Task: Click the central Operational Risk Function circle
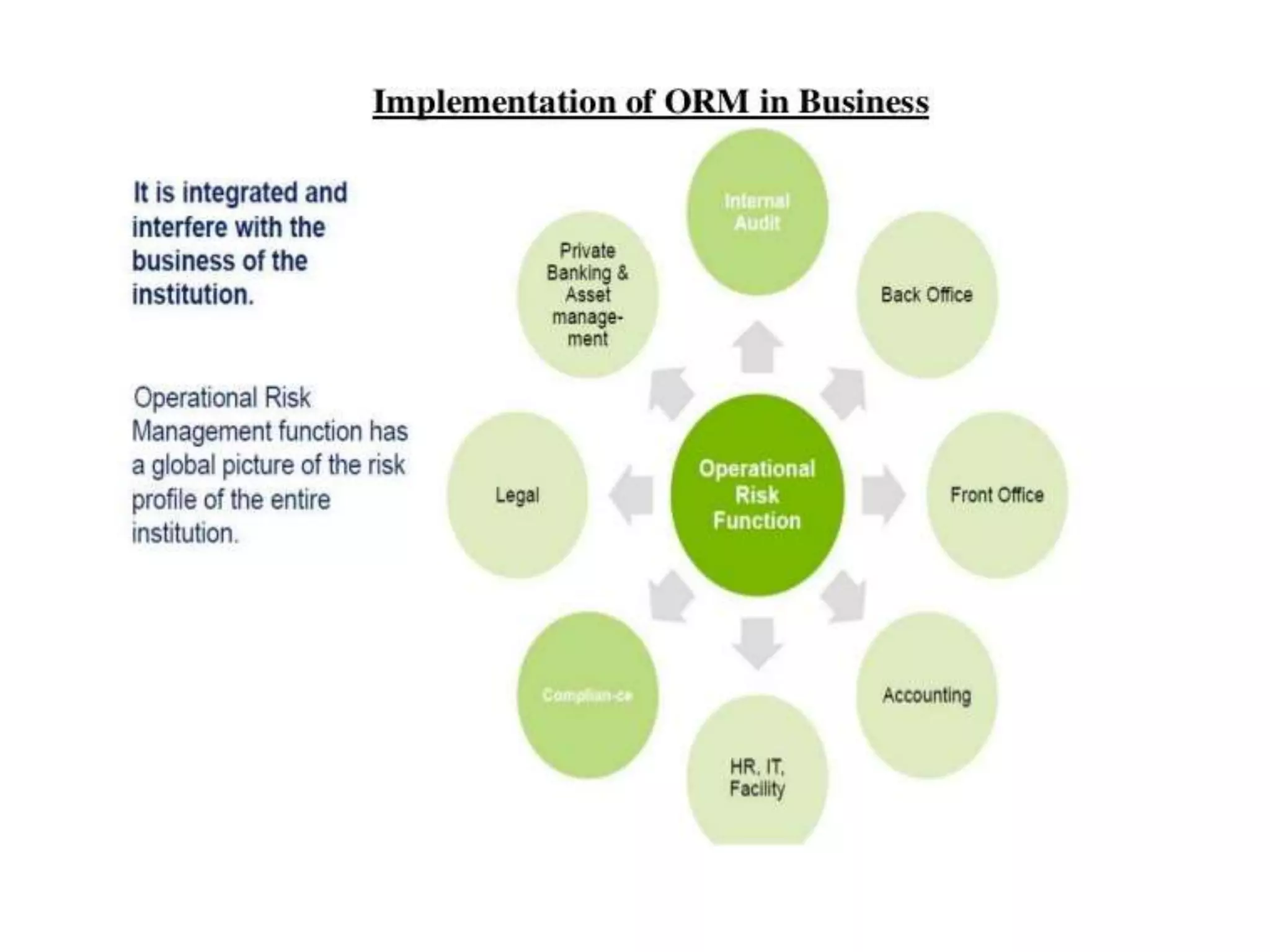click(x=757, y=495)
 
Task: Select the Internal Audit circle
click(x=757, y=212)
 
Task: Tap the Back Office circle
click(x=926, y=295)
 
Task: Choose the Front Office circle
click(x=997, y=495)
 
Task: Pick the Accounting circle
click(x=926, y=695)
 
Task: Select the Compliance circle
click(x=587, y=695)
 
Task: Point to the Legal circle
click(x=517, y=495)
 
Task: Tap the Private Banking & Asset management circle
click(x=587, y=295)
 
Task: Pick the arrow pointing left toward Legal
click(x=631, y=495)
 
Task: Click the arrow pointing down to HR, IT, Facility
click(x=757, y=643)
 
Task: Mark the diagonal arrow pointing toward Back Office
click(x=844, y=392)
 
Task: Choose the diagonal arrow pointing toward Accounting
click(x=844, y=596)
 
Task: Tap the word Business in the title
click(x=863, y=102)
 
